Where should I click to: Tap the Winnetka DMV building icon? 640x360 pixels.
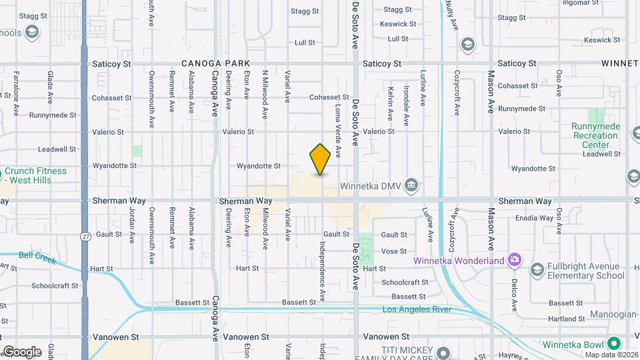[412, 185]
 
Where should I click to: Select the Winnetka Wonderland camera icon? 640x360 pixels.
[514, 260]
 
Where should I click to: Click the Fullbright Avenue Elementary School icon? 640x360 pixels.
[537, 269]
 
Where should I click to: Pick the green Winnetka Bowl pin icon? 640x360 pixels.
[613, 344]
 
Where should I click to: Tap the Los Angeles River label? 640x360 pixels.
[416, 309]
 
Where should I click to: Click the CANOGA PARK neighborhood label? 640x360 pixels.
[209, 63]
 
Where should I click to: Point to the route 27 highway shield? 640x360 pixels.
[85, 236]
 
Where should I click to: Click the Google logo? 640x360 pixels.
[22, 352]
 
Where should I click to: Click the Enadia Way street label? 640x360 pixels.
[535, 218]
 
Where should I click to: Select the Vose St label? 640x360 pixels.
[394, 251]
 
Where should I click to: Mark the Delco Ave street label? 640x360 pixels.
[515, 295]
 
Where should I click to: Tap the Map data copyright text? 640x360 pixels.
[611, 354]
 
